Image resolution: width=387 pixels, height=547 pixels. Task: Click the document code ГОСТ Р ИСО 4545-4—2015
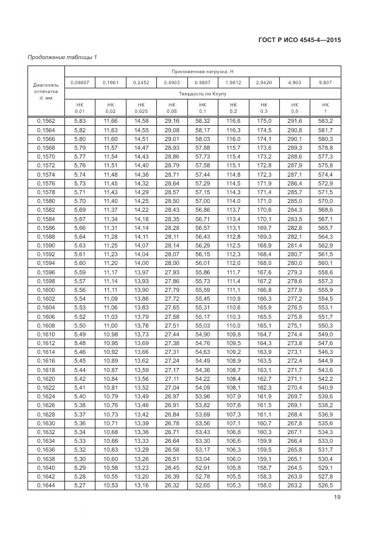coord(299,40)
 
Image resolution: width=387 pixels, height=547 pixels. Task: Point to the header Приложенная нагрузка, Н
coord(202,71)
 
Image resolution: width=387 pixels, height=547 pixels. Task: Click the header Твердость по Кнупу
coord(202,94)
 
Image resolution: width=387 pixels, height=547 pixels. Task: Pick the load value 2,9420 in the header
coord(263,82)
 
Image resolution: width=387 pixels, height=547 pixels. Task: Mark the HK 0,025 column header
coord(141,108)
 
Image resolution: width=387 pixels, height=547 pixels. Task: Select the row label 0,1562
coord(46,121)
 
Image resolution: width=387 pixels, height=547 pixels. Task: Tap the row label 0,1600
coord(46,290)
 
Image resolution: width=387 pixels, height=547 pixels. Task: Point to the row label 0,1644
coord(46,486)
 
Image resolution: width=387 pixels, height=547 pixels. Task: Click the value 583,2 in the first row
coord(326,121)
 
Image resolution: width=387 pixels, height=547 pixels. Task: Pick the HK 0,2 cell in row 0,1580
coord(233,201)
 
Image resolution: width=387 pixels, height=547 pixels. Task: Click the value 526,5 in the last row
coord(326,486)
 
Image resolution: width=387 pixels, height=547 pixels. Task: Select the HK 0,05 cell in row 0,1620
coord(172,379)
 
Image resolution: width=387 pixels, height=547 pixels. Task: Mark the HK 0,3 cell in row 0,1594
coord(263,263)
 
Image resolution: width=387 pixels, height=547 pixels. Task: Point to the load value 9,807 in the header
coord(326,82)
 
